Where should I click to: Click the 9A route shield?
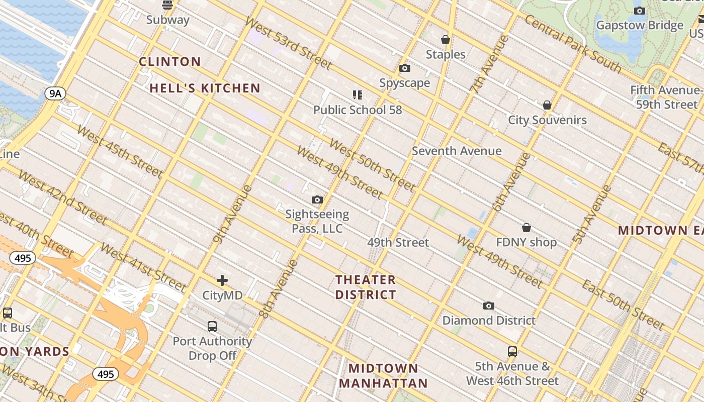tap(55, 93)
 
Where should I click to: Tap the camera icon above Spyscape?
tap(405, 68)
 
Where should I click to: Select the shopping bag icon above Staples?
tap(445, 40)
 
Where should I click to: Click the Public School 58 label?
tap(358, 110)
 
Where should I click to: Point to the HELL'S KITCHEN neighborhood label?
tap(205, 88)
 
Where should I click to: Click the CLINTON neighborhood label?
tap(170, 62)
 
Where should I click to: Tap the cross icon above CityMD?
tap(222, 280)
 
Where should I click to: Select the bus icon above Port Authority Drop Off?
tap(212, 327)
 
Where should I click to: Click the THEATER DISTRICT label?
tap(366, 287)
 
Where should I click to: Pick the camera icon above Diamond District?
tap(488, 306)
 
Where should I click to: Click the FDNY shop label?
tap(526, 242)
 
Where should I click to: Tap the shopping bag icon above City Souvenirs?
tap(547, 106)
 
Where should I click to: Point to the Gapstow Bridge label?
tap(640, 25)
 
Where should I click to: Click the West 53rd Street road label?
tap(288, 43)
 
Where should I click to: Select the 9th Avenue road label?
tap(232, 214)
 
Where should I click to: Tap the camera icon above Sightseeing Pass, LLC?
tap(317, 200)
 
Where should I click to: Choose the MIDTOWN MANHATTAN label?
tap(383, 376)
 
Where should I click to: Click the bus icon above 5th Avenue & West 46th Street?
tap(512, 352)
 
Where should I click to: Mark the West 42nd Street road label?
tap(63, 197)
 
